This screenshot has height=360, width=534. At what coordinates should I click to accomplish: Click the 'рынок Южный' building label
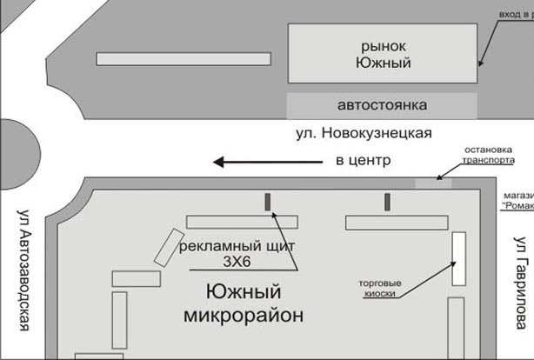tap(383, 53)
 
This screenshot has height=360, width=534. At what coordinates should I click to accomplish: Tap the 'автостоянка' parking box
tap(382, 105)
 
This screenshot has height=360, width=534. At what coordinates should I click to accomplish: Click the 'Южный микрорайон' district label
tap(244, 303)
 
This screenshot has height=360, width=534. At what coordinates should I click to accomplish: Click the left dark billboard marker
tap(268, 202)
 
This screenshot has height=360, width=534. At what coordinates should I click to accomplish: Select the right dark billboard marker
tap(387, 202)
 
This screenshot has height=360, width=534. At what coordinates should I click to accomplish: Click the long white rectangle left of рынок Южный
tap(184, 59)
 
